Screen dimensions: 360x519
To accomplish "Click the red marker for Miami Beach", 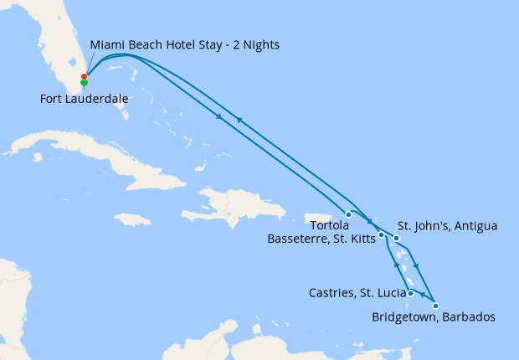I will click(x=84, y=77).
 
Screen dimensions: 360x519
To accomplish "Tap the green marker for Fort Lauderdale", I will click(x=84, y=83).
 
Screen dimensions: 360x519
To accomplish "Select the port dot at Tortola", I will click(x=349, y=214).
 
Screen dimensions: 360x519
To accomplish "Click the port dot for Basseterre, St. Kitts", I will click(x=381, y=234).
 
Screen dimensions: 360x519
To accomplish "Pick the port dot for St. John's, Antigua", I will click(x=397, y=239).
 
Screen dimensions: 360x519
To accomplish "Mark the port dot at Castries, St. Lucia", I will click(x=410, y=293).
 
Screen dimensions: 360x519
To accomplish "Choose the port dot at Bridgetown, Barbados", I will click(x=435, y=306).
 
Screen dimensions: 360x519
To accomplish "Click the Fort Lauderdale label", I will click(x=84, y=99).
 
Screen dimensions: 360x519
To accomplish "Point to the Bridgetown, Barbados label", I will click(x=434, y=317).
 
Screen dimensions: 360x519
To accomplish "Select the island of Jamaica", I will click(x=130, y=219).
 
